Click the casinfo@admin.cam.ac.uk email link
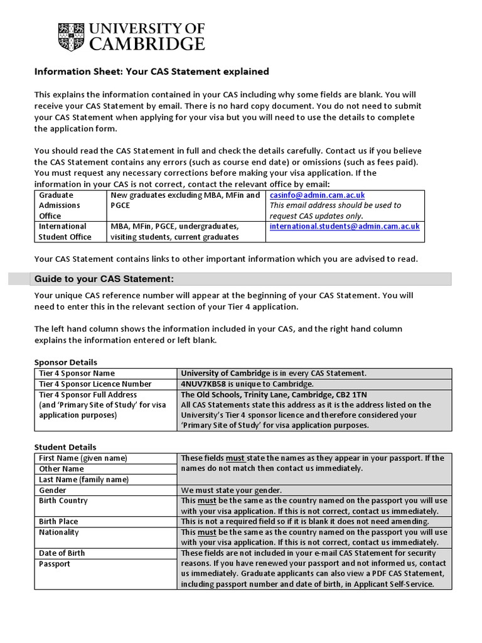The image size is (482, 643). pos(316,195)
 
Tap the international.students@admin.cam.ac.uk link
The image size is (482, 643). pos(345,226)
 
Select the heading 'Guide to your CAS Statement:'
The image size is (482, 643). pos(103,279)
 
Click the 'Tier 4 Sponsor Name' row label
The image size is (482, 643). pos(77,373)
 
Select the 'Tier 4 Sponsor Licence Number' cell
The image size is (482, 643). pos(95,384)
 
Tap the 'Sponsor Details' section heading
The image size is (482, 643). pos(65,362)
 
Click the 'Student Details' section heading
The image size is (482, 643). pos(65,447)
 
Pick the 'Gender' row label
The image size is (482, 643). pos(53,490)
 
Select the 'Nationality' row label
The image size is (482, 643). pos(59,532)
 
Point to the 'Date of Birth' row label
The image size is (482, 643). pos(62,553)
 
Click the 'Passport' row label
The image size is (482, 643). pos(55,564)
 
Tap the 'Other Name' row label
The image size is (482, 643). pos(62,468)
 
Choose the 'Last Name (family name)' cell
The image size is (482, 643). pos(83,479)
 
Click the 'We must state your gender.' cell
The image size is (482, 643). pos(232,490)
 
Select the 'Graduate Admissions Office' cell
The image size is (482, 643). pos(60,205)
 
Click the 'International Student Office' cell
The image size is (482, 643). pos(65,231)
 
